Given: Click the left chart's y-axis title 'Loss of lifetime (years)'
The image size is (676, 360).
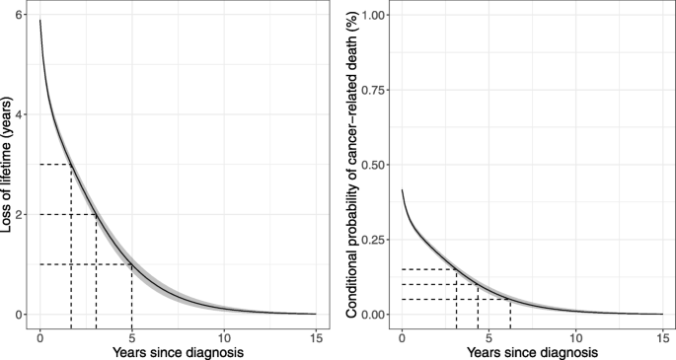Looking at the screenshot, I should pyautogui.click(x=9, y=164).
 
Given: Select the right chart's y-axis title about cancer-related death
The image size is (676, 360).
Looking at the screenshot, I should pyautogui.click(x=350, y=164).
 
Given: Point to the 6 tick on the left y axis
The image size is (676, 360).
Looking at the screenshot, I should pyautogui.click(x=19, y=15).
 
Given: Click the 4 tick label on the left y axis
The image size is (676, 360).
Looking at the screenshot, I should pyautogui.click(x=19, y=114).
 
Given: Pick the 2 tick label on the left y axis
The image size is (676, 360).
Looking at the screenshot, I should pyautogui.click(x=19, y=214).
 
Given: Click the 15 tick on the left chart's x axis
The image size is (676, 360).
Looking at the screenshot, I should pyautogui.click(x=316, y=334).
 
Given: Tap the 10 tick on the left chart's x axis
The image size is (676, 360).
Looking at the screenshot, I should pyautogui.click(x=224, y=334).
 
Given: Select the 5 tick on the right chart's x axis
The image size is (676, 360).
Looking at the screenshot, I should pyautogui.click(x=488, y=334).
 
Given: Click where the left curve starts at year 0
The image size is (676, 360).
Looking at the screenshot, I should pyautogui.click(x=39, y=20).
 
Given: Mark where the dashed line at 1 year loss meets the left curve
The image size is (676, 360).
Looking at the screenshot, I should pyautogui.click(x=132, y=264).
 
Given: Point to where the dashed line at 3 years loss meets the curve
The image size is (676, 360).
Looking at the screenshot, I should pyautogui.click(x=71, y=165).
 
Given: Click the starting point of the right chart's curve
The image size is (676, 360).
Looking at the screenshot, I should pyautogui.click(x=402, y=189).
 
